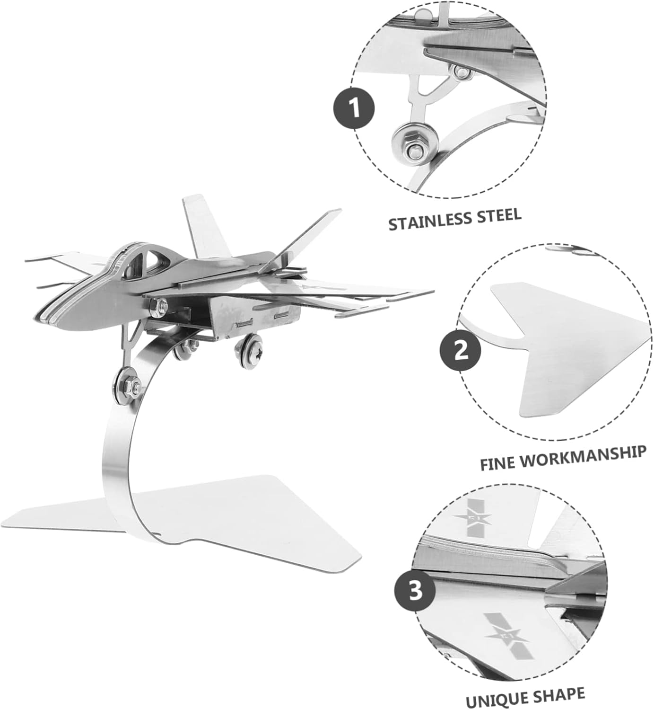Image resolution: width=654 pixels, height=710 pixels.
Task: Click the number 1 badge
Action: tap(355, 108)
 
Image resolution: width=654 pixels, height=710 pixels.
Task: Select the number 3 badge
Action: tap(415, 592)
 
